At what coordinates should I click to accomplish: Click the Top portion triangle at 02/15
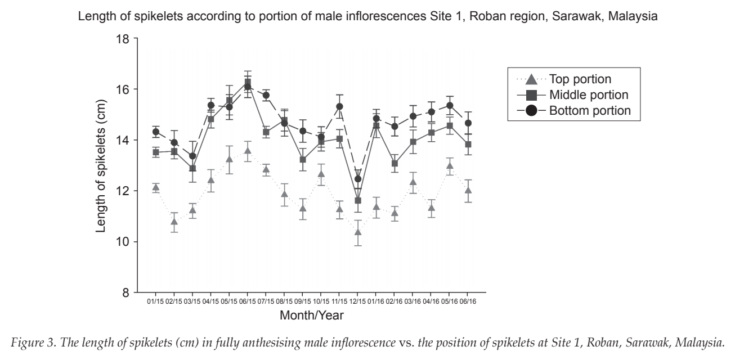(x=174, y=222)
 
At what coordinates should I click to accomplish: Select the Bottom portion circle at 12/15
(x=358, y=179)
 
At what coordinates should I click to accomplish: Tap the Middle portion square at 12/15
(x=358, y=200)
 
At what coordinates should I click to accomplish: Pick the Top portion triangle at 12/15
(x=358, y=232)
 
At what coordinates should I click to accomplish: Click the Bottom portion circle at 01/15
(x=156, y=132)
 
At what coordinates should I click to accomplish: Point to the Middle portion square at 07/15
(x=266, y=132)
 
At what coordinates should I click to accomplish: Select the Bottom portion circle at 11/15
(x=339, y=106)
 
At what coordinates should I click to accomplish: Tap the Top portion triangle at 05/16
(x=450, y=165)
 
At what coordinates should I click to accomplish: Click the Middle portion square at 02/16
(x=395, y=163)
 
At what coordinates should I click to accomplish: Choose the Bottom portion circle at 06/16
(x=468, y=123)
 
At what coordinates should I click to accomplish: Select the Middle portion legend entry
(x=572, y=94)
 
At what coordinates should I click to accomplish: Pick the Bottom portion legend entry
(x=573, y=110)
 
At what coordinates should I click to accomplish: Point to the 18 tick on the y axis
(x=135, y=38)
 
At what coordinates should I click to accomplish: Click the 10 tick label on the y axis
(x=122, y=242)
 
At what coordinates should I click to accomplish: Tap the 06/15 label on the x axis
(x=248, y=301)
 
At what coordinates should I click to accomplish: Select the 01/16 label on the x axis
(x=377, y=301)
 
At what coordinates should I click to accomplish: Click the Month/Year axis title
(x=311, y=316)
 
